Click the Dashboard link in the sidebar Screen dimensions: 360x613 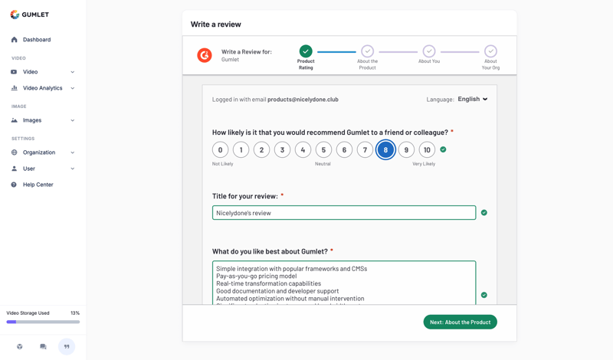(x=36, y=40)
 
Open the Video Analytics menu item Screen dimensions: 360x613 (x=42, y=88)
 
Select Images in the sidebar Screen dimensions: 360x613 (x=32, y=120)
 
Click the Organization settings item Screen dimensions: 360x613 (x=38, y=152)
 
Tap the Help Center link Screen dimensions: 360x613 (x=38, y=185)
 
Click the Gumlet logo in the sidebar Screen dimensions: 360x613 (x=30, y=14)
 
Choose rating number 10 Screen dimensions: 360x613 (x=427, y=150)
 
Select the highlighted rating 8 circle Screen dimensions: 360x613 (x=385, y=150)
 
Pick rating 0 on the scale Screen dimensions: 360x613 (x=220, y=150)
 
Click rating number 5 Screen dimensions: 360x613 (x=323, y=150)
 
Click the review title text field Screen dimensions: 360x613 (x=344, y=213)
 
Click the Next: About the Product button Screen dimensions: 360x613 (x=460, y=322)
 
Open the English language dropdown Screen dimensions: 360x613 (x=473, y=99)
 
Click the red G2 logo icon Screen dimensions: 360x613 (x=205, y=55)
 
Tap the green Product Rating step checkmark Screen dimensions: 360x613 (x=306, y=51)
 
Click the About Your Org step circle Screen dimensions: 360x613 (x=490, y=51)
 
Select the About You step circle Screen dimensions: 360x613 (x=429, y=51)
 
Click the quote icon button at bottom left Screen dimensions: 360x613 (x=67, y=346)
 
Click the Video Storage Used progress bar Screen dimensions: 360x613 (x=43, y=322)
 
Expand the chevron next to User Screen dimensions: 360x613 (x=73, y=169)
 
